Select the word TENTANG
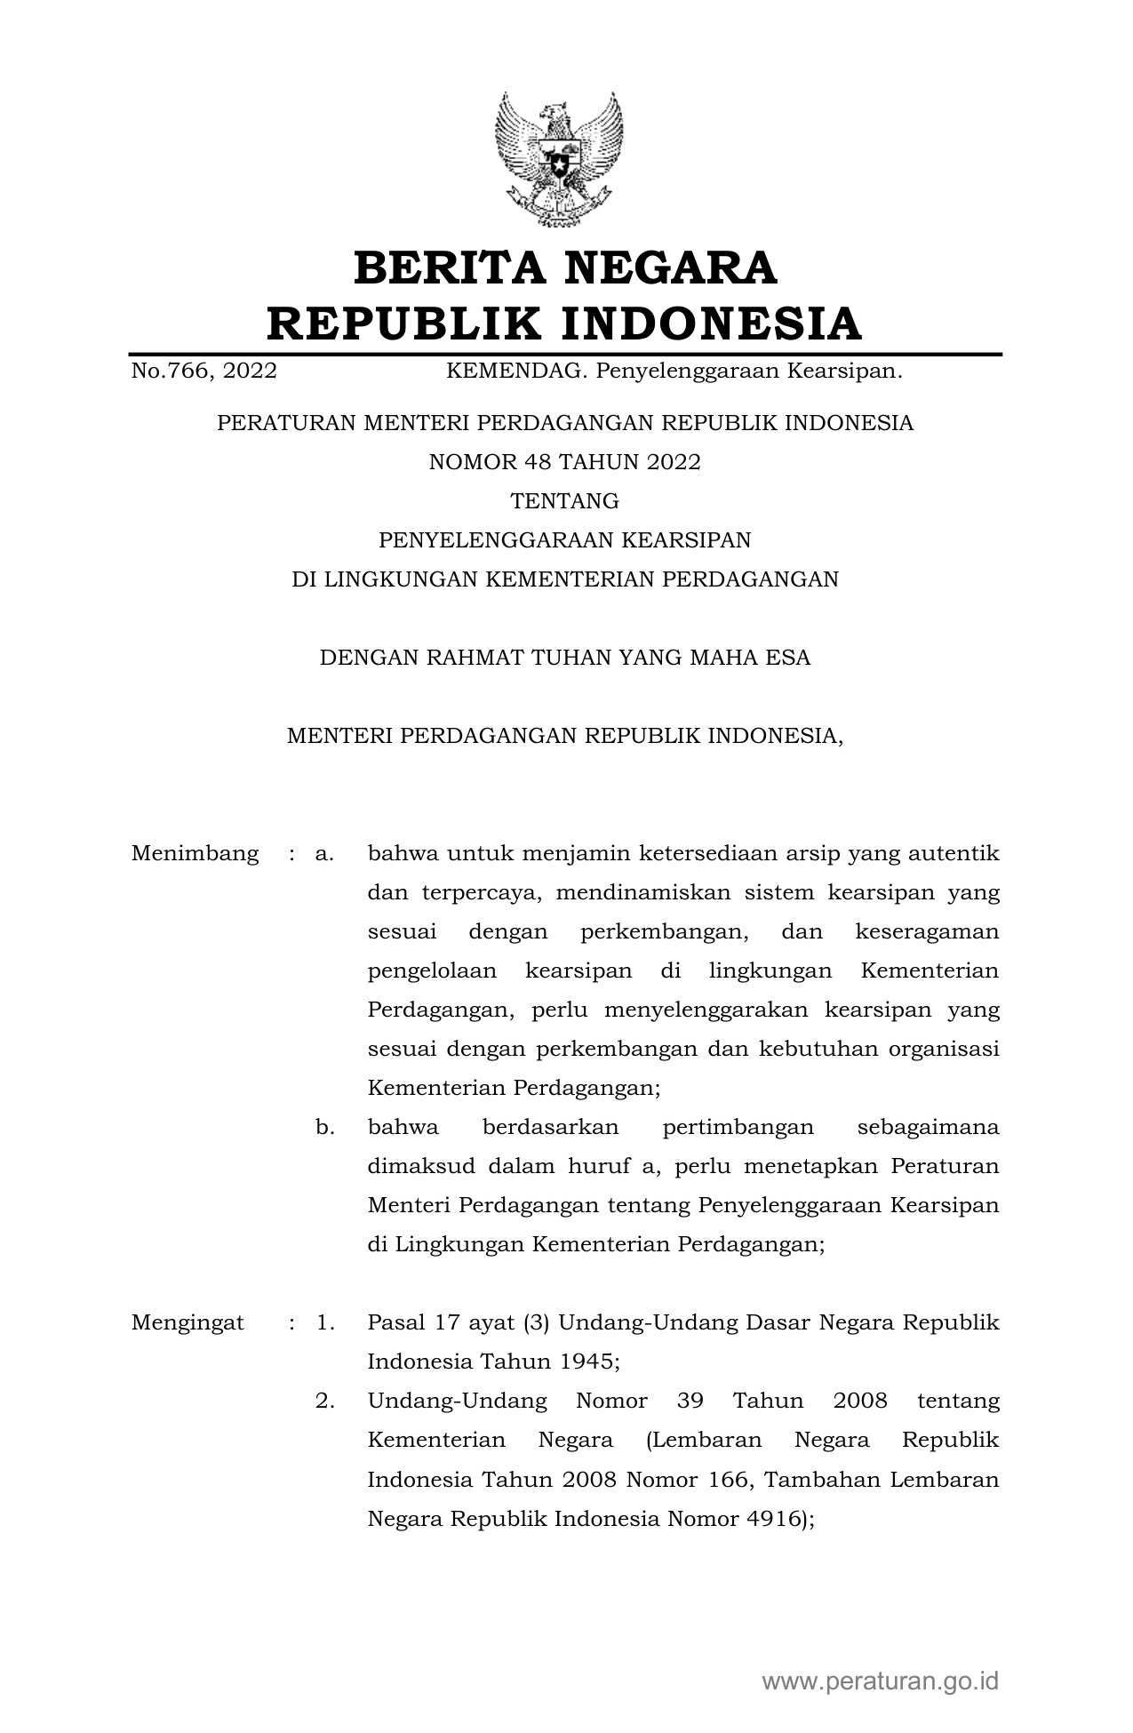click(565, 501)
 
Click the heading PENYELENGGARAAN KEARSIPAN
click(565, 540)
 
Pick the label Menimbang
click(195, 854)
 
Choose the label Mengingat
click(188, 1322)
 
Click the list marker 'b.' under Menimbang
click(324, 1128)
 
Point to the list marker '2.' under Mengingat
click(324, 1402)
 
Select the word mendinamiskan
click(642, 893)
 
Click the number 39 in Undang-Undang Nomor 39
click(690, 1402)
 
